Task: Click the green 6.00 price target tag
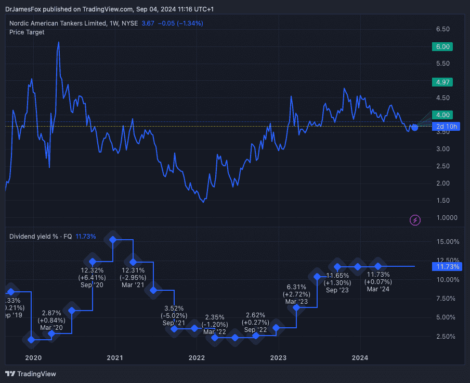[442, 46]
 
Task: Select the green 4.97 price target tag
[442, 82]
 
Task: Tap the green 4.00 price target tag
[442, 115]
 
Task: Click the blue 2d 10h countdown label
[446, 127]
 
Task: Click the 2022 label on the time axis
[197, 357]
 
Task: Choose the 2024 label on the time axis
[360, 357]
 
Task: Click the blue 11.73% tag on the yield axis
[446, 267]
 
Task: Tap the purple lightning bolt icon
[415, 220]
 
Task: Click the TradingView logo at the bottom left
[31, 374]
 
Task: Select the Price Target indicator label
[27, 32]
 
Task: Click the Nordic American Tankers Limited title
[57, 23]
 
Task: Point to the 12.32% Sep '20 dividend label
[92, 278]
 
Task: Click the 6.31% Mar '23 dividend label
[297, 294]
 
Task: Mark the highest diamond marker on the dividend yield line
[113, 239]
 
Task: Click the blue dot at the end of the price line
[414, 127]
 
